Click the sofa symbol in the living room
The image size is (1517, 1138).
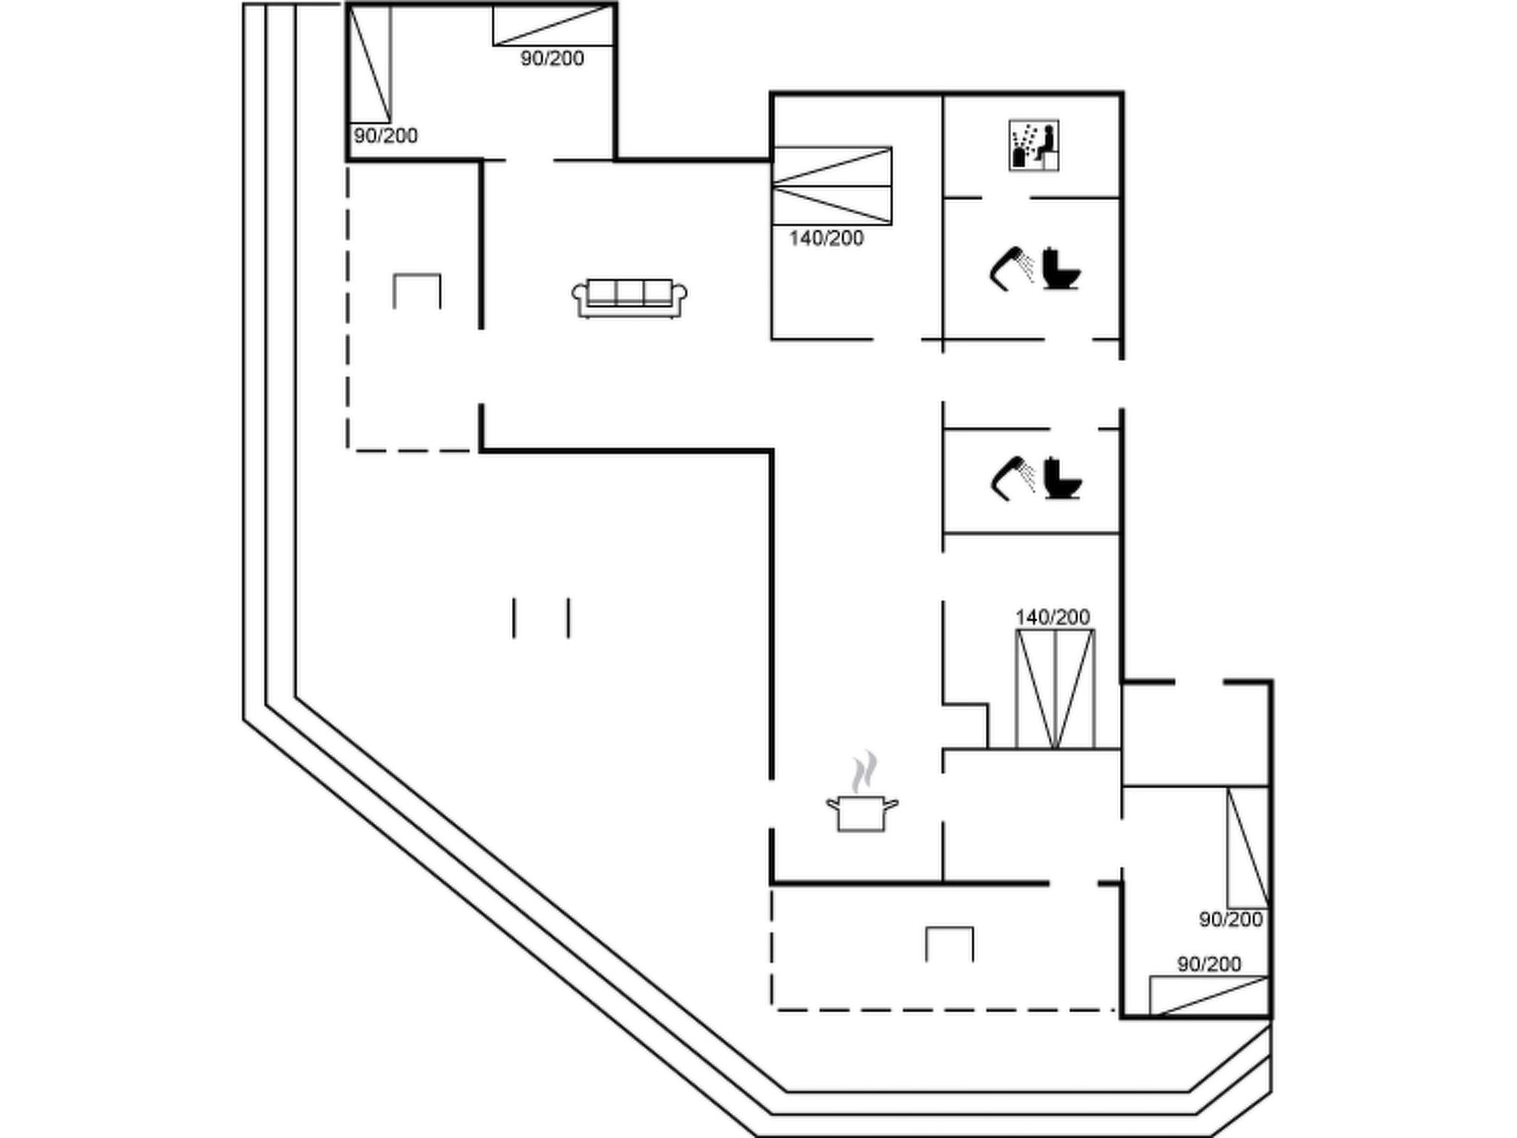pos(630,298)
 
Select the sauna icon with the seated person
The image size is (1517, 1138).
pos(1033,145)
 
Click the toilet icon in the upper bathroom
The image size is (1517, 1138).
pos(1061,269)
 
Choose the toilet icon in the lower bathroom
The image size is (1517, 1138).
pos(1062,479)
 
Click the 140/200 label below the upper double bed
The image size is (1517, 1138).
pos(826,239)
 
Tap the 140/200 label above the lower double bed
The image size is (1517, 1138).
pos(1052,617)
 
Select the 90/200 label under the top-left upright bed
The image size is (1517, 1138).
pos(385,136)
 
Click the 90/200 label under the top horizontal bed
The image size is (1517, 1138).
pos(552,59)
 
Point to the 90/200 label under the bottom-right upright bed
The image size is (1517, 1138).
pos(1230,919)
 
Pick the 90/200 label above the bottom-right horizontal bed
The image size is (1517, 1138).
pos(1209,964)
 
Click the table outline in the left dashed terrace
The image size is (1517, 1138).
pos(417,290)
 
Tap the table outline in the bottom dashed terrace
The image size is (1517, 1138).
pos(950,943)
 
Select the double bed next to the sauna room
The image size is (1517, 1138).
pos(832,186)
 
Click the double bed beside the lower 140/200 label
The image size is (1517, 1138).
pos(1055,689)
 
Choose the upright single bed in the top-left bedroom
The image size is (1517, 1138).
pos(370,64)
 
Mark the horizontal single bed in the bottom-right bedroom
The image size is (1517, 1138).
pos(1209,996)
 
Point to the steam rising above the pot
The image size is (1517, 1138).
pos(864,772)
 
